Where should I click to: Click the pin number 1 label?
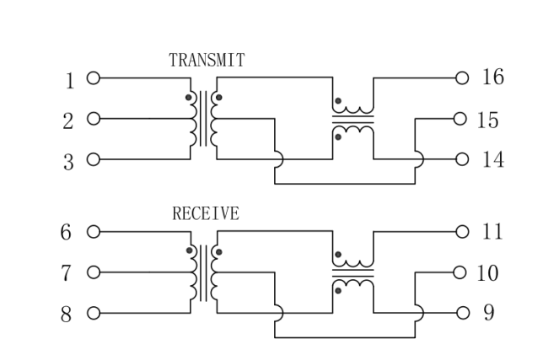[x=70, y=81]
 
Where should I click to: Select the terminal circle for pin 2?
[x=93, y=119]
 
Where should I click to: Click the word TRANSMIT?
[x=207, y=60]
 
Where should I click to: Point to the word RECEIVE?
[x=206, y=214]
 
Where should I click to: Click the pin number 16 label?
[x=492, y=78]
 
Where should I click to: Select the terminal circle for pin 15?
[x=460, y=119]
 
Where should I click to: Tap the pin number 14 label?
[x=492, y=159]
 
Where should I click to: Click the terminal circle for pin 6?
[x=93, y=231]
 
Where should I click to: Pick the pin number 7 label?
[x=68, y=273]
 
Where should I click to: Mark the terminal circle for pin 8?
[x=93, y=314]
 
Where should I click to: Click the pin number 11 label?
[x=491, y=231]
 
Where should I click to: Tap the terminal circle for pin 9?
[x=460, y=313]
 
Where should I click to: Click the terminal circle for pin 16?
[x=460, y=78]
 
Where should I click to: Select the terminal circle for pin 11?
[x=460, y=231]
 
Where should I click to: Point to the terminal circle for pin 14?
[x=460, y=159]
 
